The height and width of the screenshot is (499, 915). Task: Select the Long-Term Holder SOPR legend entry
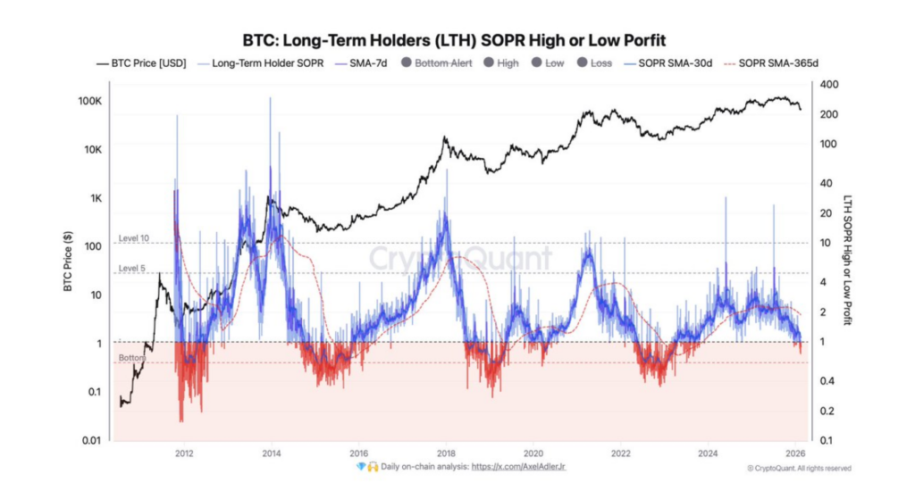pyautogui.click(x=261, y=63)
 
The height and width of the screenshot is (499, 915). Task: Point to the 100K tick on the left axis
pyautogui.click(x=88, y=102)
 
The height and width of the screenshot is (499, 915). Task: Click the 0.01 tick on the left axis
pyautogui.click(x=92, y=440)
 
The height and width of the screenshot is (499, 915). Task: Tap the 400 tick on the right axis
pyautogui.click(x=829, y=84)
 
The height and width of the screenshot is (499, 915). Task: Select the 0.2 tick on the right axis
pyautogui.click(x=828, y=411)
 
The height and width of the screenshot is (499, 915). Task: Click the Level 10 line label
pyautogui.click(x=133, y=239)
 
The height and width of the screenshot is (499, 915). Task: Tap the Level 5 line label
pyautogui.click(x=131, y=269)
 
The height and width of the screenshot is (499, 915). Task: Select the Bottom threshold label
pyautogui.click(x=131, y=358)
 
